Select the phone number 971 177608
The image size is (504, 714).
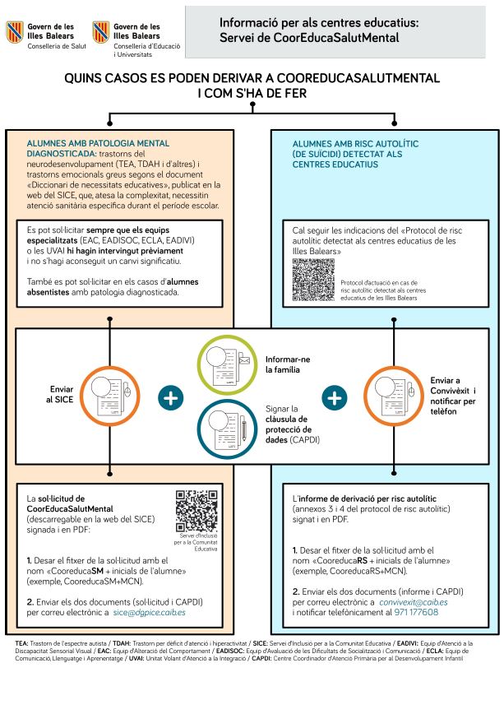[415, 612]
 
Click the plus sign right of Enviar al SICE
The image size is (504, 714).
[171, 398]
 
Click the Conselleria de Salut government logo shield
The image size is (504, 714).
[14, 32]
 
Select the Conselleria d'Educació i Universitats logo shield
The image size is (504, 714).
[102, 32]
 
